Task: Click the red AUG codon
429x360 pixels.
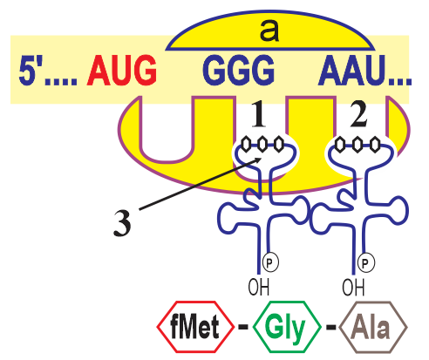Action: pyautogui.click(x=122, y=70)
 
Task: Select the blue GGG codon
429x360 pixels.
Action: pyautogui.click(x=238, y=70)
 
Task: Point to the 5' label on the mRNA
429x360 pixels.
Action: pyautogui.click(x=29, y=70)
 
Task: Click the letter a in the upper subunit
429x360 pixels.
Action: pyautogui.click(x=269, y=30)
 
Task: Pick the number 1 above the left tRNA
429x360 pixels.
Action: pyautogui.click(x=258, y=114)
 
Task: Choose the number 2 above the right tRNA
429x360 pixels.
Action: pyautogui.click(x=358, y=114)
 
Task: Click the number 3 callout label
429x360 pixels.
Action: pyautogui.click(x=122, y=223)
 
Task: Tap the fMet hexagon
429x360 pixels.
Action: pyautogui.click(x=195, y=327)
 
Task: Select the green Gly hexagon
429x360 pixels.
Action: pyautogui.click(x=287, y=327)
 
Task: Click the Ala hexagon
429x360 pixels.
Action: pyautogui.click(x=373, y=327)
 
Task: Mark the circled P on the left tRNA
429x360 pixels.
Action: pyautogui.click(x=270, y=262)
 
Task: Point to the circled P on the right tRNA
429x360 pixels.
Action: pyautogui.click(x=366, y=262)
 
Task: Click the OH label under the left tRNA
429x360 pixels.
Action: pyautogui.click(x=259, y=287)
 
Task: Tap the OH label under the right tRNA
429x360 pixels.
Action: pyautogui.click(x=353, y=287)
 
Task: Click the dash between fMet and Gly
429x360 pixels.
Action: pyautogui.click(x=243, y=327)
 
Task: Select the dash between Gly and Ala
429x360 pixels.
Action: pyautogui.click(x=330, y=327)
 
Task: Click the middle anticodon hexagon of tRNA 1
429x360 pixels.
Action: pyautogui.click(x=262, y=144)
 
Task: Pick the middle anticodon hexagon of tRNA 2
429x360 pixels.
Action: pyautogui.click(x=357, y=144)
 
